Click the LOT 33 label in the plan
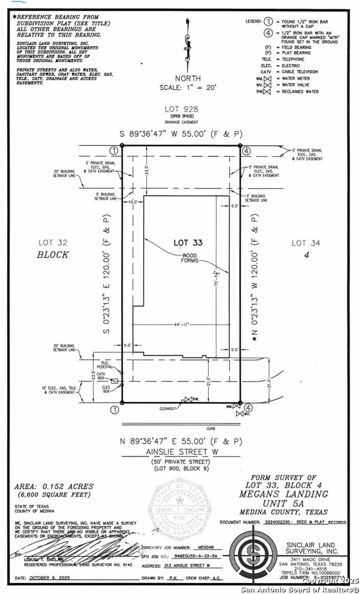(x=188, y=242)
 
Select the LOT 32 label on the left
(x=53, y=243)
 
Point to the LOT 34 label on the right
(x=306, y=243)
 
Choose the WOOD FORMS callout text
(x=189, y=258)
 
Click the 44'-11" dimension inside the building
(x=179, y=325)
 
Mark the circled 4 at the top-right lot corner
(x=247, y=151)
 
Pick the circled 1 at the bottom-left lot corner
(x=114, y=409)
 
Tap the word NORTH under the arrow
(x=187, y=79)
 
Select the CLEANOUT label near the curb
(x=168, y=408)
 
